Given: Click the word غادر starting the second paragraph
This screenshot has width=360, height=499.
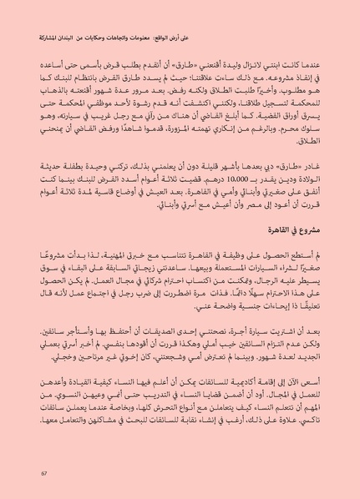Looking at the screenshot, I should pos(315,166).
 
